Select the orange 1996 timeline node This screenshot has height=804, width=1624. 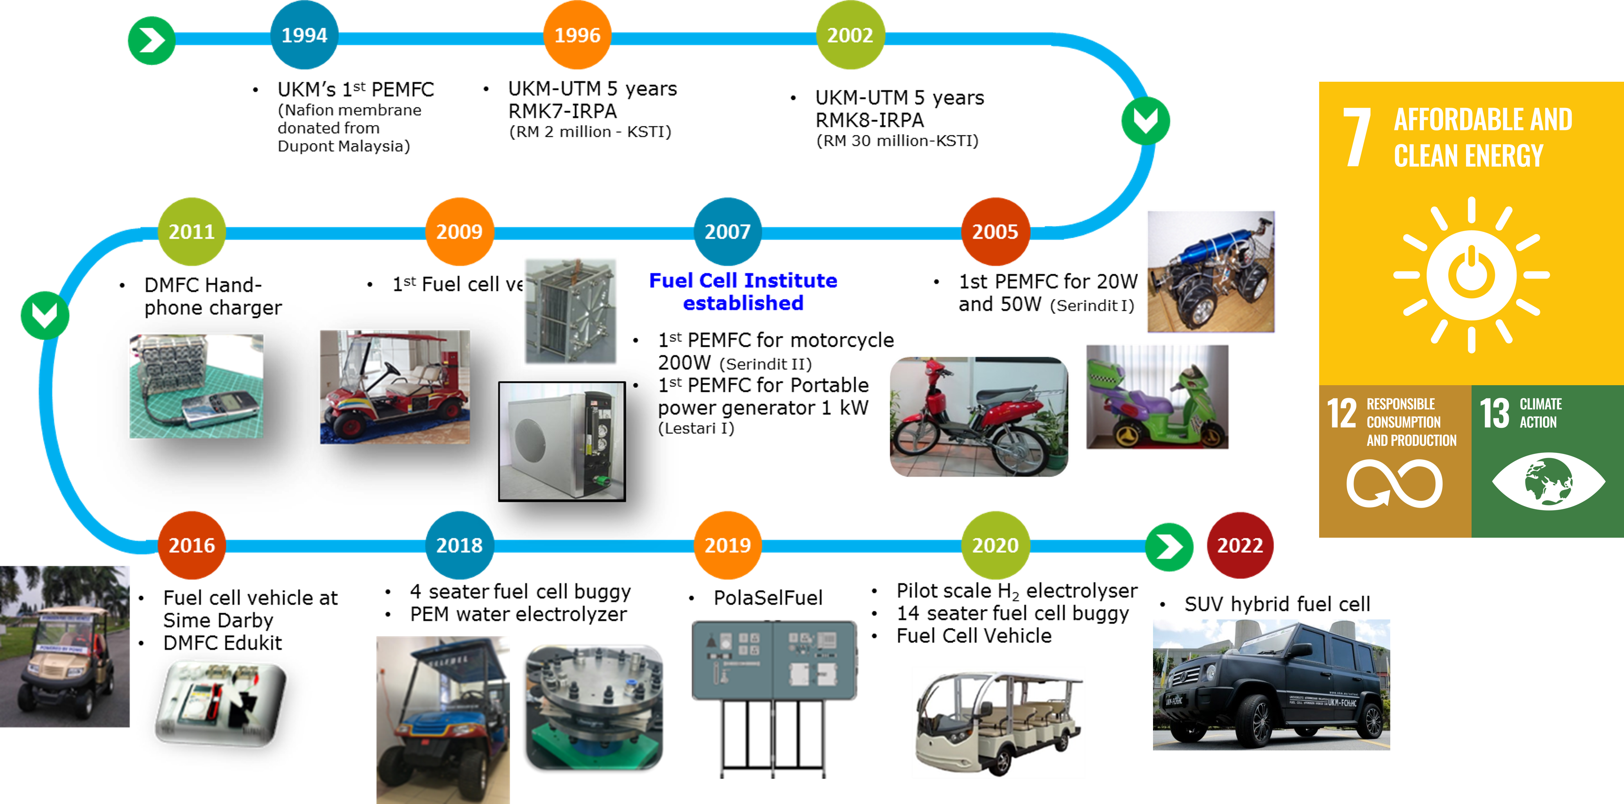click(577, 35)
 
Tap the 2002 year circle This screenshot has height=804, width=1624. click(850, 35)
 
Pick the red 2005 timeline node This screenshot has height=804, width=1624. click(995, 232)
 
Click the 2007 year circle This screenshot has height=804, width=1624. click(727, 232)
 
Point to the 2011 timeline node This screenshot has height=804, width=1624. click(192, 232)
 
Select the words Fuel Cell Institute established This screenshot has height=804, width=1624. click(743, 291)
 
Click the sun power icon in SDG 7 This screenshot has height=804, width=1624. click(1471, 275)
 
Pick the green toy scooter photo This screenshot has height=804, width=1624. click(1157, 397)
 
